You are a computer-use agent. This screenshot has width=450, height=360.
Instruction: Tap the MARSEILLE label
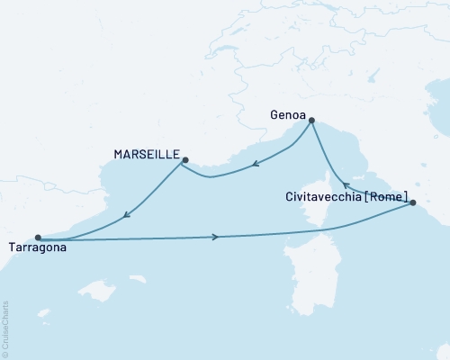pyautogui.click(x=147, y=155)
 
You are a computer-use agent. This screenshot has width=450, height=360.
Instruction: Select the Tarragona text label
pyautogui.click(x=36, y=247)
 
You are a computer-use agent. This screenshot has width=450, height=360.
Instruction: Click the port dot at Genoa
pyautogui.click(x=311, y=120)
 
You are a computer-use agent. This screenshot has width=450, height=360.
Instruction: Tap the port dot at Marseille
pyautogui.click(x=184, y=161)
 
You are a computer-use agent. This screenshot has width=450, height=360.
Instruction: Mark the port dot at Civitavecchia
pyautogui.click(x=412, y=203)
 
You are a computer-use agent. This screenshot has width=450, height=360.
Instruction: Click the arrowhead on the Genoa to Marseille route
pyautogui.click(x=255, y=164)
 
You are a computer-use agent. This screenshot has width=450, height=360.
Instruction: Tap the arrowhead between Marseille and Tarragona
pyautogui.click(x=127, y=215)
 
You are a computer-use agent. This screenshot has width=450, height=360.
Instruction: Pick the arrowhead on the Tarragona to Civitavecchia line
pyautogui.click(x=214, y=237)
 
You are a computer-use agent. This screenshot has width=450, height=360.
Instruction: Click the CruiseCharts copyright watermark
pyautogui.click(x=5, y=329)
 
